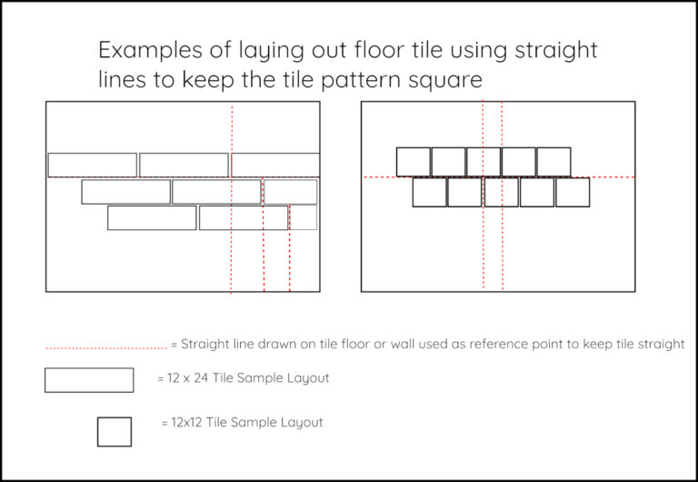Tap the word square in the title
[x=445, y=80]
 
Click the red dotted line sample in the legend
[x=105, y=346]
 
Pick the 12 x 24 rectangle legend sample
[x=89, y=379]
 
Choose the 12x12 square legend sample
[x=115, y=431]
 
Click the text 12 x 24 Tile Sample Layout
[x=243, y=378]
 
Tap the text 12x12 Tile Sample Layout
[x=242, y=422]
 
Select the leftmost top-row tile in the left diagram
[x=93, y=165]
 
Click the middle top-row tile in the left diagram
[x=184, y=165]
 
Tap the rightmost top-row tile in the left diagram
[x=275, y=165]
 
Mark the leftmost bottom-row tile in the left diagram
[x=152, y=217]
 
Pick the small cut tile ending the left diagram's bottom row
[x=304, y=217]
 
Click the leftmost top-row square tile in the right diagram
[x=414, y=162]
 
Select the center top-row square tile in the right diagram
[x=484, y=162]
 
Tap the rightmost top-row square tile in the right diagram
[x=553, y=162]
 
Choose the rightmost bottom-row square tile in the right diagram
[x=573, y=192]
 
